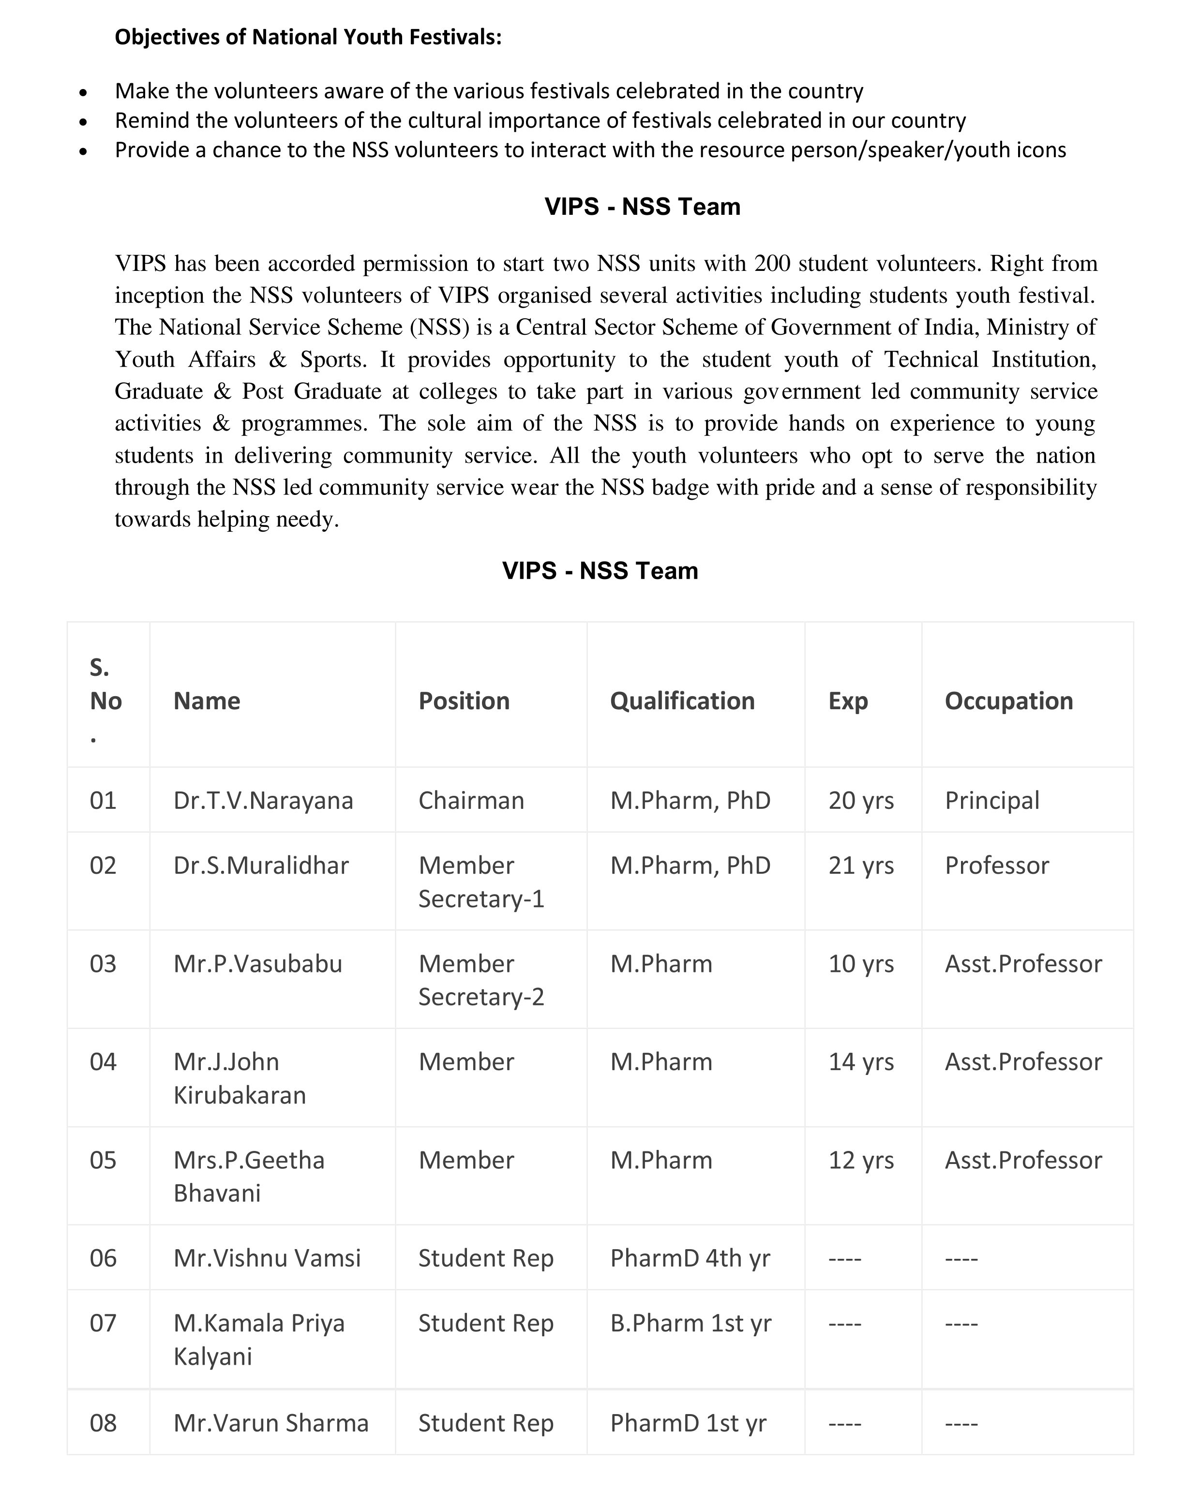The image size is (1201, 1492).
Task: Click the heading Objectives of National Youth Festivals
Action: pyautogui.click(x=308, y=37)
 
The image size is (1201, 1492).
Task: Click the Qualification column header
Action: pyautogui.click(x=682, y=701)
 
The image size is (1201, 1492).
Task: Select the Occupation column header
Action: pyautogui.click(x=1008, y=701)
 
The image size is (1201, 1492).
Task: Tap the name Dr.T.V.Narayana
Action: pyautogui.click(x=263, y=800)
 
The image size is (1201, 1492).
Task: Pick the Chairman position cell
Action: pyautogui.click(x=471, y=800)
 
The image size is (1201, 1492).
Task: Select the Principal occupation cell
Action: pyautogui.click(x=992, y=800)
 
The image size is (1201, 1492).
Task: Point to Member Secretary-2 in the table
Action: pyautogui.click(x=481, y=980)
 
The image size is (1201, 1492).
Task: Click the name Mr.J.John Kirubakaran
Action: pyautogui.click(x=240, y=1078)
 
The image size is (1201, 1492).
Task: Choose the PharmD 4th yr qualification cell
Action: pyautogui.click(x=690, y=1258)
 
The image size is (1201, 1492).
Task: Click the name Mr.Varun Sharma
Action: pyautogui.click(x=270, y=1423)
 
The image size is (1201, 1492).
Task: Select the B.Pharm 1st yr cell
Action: pyautogui.click(x=690, y=1323)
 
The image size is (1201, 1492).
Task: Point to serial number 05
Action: pyautogui.click(x=103, y=1160)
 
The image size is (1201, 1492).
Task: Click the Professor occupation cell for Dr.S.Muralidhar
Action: pyautogui.click(x=997, y=865)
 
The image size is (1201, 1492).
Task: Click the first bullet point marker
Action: pyautogui.click(x=83, y=92)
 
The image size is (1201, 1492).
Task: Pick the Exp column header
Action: pyautogui.click(x=847, y=701)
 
